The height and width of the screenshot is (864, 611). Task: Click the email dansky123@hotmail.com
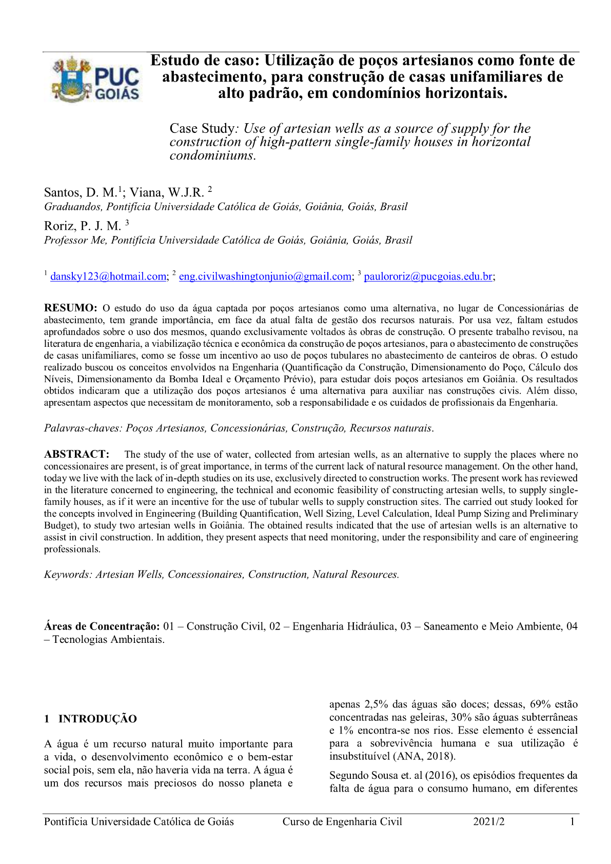coord(108,277)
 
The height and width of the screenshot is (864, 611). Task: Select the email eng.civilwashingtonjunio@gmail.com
coord(265,277)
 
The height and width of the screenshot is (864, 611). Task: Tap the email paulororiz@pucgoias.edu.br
coord(428,277)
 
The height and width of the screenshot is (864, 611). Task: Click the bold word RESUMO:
coord(70,308)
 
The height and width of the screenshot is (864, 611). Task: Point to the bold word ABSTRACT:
coord(76,454)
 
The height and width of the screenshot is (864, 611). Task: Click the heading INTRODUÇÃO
coord(97,719)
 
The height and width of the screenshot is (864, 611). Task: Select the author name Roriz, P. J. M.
coord(83,226)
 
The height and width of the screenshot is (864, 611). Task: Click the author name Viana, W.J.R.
coord(167,193)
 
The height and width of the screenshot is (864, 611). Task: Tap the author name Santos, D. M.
coord(81,193)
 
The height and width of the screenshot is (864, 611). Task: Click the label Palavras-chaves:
coord(83,428)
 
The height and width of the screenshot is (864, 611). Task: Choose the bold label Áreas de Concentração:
coord(102,626)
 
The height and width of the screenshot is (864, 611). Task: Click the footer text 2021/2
coord(489,822)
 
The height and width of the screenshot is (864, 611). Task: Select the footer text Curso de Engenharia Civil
coord(342,822)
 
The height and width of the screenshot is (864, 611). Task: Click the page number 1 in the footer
coord(572,822)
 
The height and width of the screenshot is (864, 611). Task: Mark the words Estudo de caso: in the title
coord(205,61)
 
